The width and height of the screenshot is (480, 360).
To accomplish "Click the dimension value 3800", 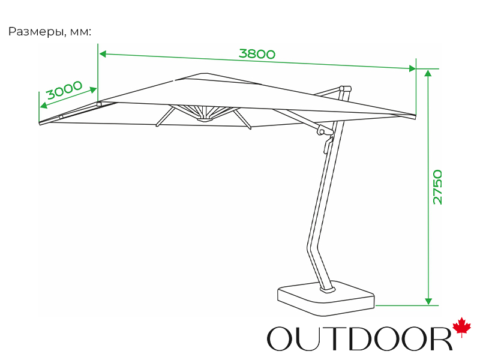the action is pos(257,54).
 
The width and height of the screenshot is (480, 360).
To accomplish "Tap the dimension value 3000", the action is pos(65,89).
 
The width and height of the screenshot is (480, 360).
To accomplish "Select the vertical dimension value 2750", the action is pos(437,187).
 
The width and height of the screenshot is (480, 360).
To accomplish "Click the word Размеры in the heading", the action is pos(37,32).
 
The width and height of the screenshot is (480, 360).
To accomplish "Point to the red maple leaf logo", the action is pos(461,327).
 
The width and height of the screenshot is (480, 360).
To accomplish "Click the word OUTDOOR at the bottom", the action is pos(359,338).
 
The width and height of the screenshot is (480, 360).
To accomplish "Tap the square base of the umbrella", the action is pos(326,298).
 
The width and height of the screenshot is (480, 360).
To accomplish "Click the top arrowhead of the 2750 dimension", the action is pos(428,73).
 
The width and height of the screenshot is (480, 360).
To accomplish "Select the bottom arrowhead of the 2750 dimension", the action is pos(428,301).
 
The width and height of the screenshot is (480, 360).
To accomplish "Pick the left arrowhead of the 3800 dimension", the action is pos(103,54).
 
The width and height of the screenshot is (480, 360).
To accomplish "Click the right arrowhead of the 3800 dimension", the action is pos(412,68).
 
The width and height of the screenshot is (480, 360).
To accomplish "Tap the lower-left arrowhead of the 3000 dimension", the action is pos(44,106).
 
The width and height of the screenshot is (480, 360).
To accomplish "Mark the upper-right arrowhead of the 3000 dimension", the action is pos(93,90).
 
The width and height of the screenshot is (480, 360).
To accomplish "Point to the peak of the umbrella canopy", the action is pos(203,73).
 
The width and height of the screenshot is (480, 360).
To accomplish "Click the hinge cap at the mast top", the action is pos(345,89).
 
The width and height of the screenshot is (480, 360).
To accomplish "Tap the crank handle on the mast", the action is pos(328,144).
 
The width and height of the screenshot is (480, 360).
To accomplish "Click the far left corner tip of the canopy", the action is pos(40,123).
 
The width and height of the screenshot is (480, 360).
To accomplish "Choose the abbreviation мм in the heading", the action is pos(80,32).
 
